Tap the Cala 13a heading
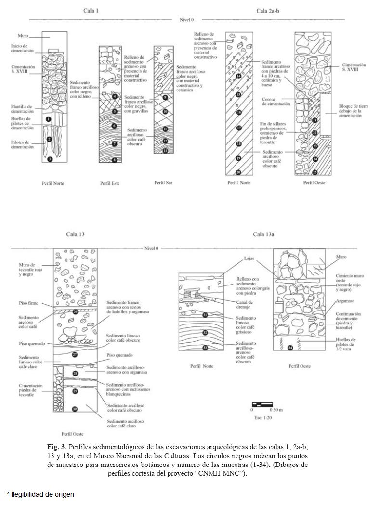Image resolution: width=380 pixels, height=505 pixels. coord(263,234)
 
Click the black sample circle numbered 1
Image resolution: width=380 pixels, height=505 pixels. coord(49,118)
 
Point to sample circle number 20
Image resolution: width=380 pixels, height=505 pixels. coord(238,172)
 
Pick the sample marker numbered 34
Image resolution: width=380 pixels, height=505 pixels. coord(289,347)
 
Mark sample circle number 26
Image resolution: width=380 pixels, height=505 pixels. coord(75,311)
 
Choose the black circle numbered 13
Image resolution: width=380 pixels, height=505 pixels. coord(165,151)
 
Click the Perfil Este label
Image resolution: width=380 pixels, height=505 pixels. coord(110,183)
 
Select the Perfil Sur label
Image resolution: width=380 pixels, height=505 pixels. coord(163,183)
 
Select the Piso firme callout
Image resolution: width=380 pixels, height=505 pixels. coord(28,304)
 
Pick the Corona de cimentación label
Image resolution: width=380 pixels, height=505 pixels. coord(275,102)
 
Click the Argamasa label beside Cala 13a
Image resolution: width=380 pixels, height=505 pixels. coord(345,301)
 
